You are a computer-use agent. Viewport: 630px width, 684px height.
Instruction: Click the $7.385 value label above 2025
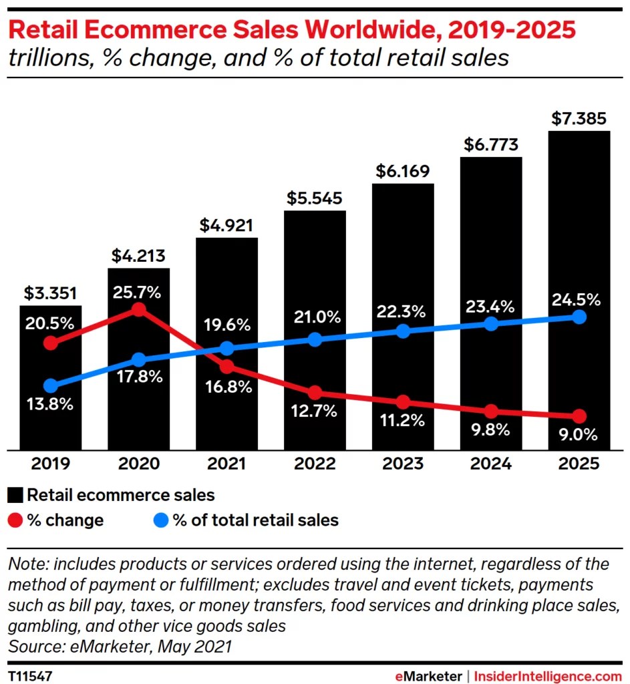[x=579, y=119]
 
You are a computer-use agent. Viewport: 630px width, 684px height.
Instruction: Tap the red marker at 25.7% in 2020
[x=138, y=309]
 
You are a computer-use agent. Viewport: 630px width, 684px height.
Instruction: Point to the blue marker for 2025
[x=579, y=317]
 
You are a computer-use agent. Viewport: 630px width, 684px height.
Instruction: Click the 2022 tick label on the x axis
[x=315, y=464]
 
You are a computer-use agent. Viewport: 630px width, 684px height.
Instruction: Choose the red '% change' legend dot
[x=15, y=520]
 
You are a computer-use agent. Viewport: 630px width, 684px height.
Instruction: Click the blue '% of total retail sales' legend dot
[x=161, y=520]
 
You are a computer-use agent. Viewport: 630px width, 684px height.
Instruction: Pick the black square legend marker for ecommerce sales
[x=15, y=495]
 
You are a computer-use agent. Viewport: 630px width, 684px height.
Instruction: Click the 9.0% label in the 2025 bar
[x=579, y=435]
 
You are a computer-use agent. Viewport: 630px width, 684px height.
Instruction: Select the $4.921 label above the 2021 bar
[x=226, y=225]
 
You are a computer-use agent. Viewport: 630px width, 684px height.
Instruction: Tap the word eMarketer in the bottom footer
[x=428, y=676]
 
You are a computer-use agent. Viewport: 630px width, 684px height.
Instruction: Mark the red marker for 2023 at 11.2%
[x=402, y=402]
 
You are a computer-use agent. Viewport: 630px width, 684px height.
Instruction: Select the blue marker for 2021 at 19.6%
[x=226, y=348]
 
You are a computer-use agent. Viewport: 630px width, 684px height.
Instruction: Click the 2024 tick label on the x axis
[x=491, y=464]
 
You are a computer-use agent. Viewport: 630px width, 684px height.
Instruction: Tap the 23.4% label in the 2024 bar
[x=491, y=307]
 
